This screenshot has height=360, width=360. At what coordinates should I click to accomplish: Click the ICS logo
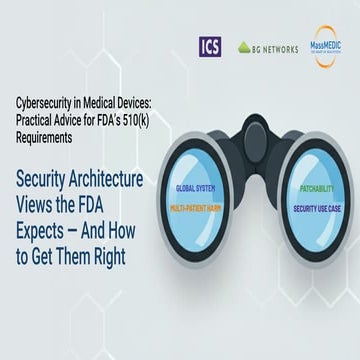tap(210, 46)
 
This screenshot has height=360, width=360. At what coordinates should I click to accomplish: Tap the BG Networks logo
tap(267, 47)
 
